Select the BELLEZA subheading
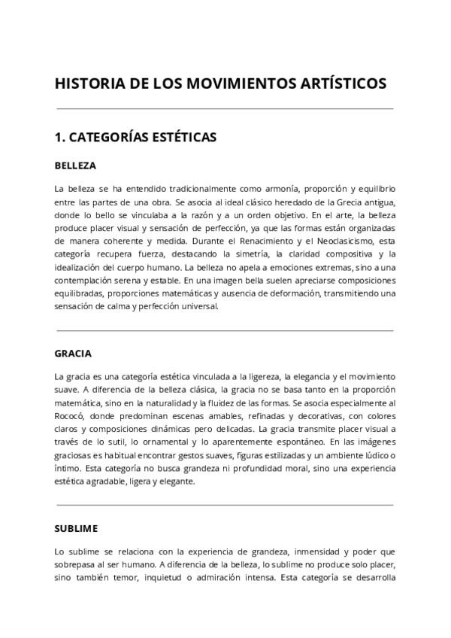75,166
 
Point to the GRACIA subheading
73,354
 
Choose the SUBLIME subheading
76,528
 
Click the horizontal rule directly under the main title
224,109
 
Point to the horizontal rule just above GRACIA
224,330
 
